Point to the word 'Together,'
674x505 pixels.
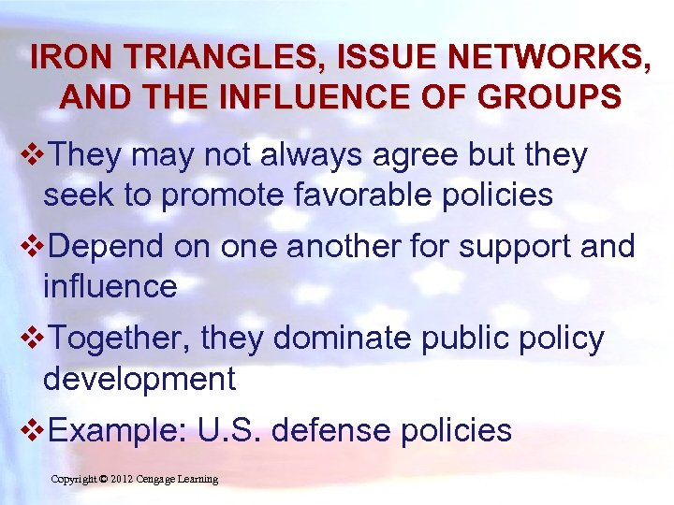click(116, 339)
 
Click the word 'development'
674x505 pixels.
click(139, 379)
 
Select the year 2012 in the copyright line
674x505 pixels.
click(122, 480)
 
